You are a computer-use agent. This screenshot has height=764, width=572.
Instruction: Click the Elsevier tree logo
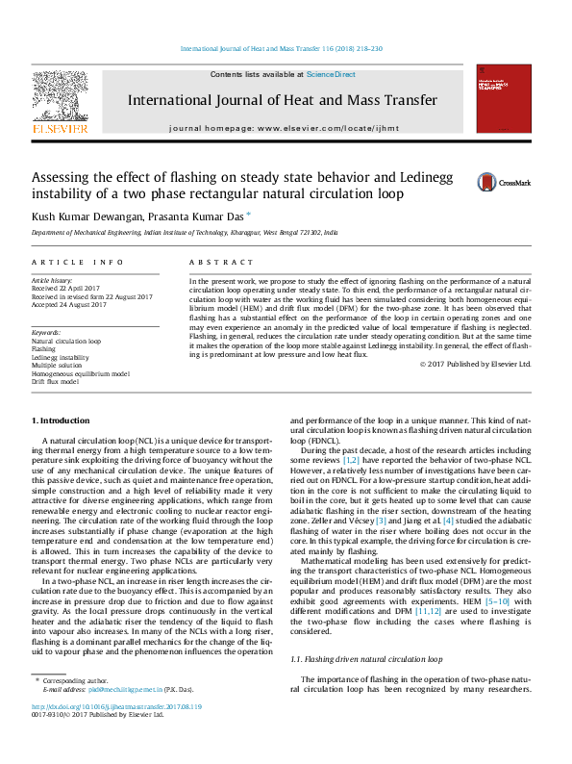(60, 99)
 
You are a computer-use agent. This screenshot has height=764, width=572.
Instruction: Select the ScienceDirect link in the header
(331, 74)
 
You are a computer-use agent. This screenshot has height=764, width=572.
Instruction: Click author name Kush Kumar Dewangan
(85, 216)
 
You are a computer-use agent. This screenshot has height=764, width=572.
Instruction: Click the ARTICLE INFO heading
(77, 262)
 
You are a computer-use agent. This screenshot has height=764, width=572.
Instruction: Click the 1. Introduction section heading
(62, 420)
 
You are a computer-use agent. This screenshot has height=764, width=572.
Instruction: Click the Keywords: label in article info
(46, 332)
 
